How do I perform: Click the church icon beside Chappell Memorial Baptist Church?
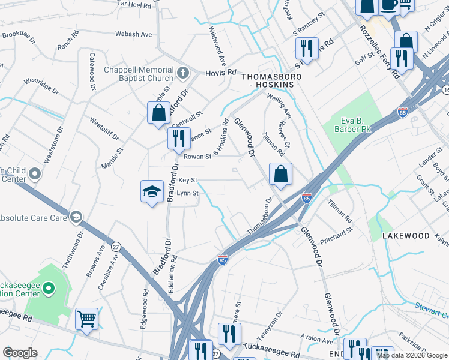click(x=184, y=74)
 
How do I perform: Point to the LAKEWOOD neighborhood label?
click(x=406, y=236)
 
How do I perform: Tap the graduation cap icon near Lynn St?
click(x=152, y=191)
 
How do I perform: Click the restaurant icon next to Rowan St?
click(x=179, y=138)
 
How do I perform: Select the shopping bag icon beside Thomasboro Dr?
click(x=280, y=174)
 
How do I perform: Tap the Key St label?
click(x=188, y=180)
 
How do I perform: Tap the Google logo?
click(x=20, y=353)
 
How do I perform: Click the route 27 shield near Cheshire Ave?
click(x=116, y=246)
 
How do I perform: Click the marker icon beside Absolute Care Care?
click(x=76, y=217)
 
